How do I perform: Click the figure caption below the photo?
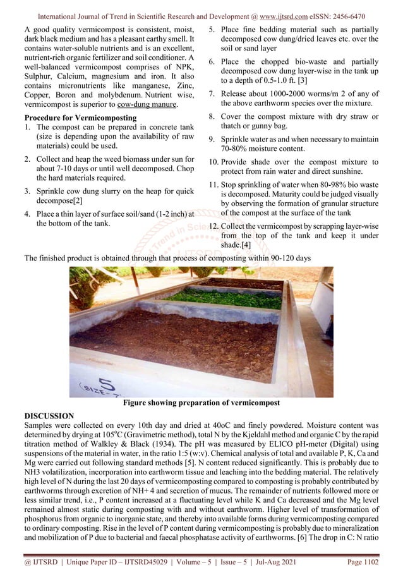click(x=201, y=403)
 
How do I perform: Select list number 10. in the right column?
click(x=215, y=162)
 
